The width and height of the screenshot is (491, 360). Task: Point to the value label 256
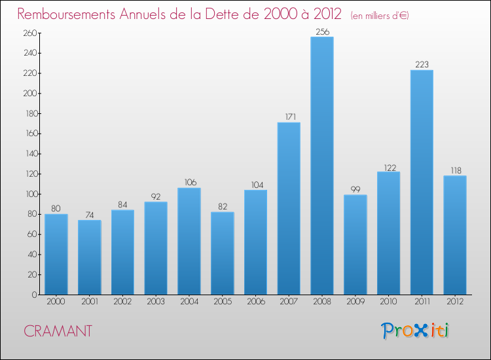click(x=322, y=31)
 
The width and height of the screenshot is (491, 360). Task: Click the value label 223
click(x=422, y=64)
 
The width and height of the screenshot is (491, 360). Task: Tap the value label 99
click(x=355, y=189)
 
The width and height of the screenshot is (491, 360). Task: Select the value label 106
click(x=189, y=182)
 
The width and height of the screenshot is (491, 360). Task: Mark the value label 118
click(x=455, y=170)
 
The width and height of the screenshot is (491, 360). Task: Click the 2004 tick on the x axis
click(x=189, y=302)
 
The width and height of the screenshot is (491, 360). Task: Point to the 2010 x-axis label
click(x=388, y=302)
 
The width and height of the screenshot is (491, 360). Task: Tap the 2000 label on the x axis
click(x=56, y=302)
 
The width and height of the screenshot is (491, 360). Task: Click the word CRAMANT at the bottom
click(x=58, y=331)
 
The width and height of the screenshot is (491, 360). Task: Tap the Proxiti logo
click(x=415, y=331)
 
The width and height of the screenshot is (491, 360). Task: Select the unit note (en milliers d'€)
click(x=380, y=16)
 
